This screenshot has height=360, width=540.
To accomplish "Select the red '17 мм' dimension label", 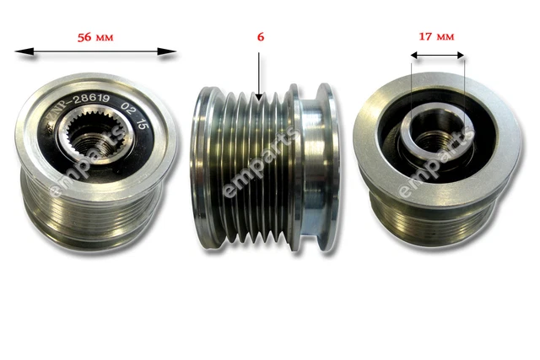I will coord(437,36).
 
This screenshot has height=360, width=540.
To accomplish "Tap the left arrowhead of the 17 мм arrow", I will coord(414,56).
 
